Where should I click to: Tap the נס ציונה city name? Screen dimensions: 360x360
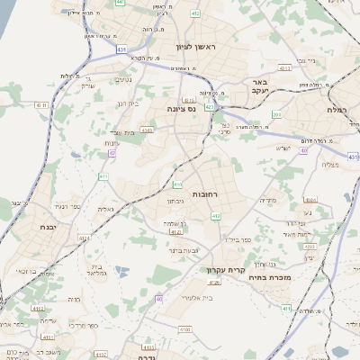[181, 108]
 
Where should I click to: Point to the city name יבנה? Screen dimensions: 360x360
[48, 228]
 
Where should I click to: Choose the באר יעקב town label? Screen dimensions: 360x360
[260, 87]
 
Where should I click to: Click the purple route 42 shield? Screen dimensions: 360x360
[112, 154]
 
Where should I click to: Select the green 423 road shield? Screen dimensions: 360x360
[210, 106]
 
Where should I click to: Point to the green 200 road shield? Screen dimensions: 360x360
[277, 114]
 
